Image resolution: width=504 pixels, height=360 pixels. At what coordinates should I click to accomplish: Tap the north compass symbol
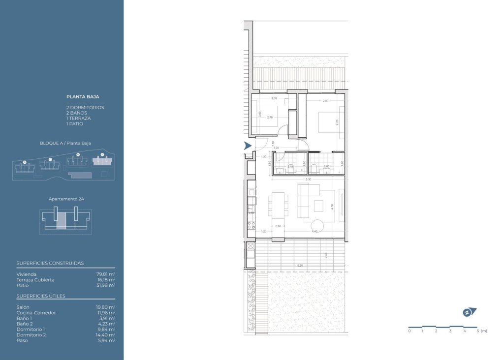[469, 312]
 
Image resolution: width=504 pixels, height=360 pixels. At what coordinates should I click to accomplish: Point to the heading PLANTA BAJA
[83, 97]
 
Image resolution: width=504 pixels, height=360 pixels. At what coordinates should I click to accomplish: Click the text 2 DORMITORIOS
[85, 107]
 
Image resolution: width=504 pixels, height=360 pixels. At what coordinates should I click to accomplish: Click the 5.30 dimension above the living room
[308, 180]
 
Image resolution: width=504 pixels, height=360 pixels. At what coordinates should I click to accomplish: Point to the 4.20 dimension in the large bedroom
[337, 121]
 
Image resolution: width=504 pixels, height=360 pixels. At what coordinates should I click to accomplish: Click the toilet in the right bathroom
[314, 170]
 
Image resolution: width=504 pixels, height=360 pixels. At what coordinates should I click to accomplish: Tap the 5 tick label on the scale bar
[477, 331]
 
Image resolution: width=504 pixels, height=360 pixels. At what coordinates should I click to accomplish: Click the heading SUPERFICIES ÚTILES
[41, 296]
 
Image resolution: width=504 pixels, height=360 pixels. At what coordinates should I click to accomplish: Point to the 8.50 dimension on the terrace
[300, 266]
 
